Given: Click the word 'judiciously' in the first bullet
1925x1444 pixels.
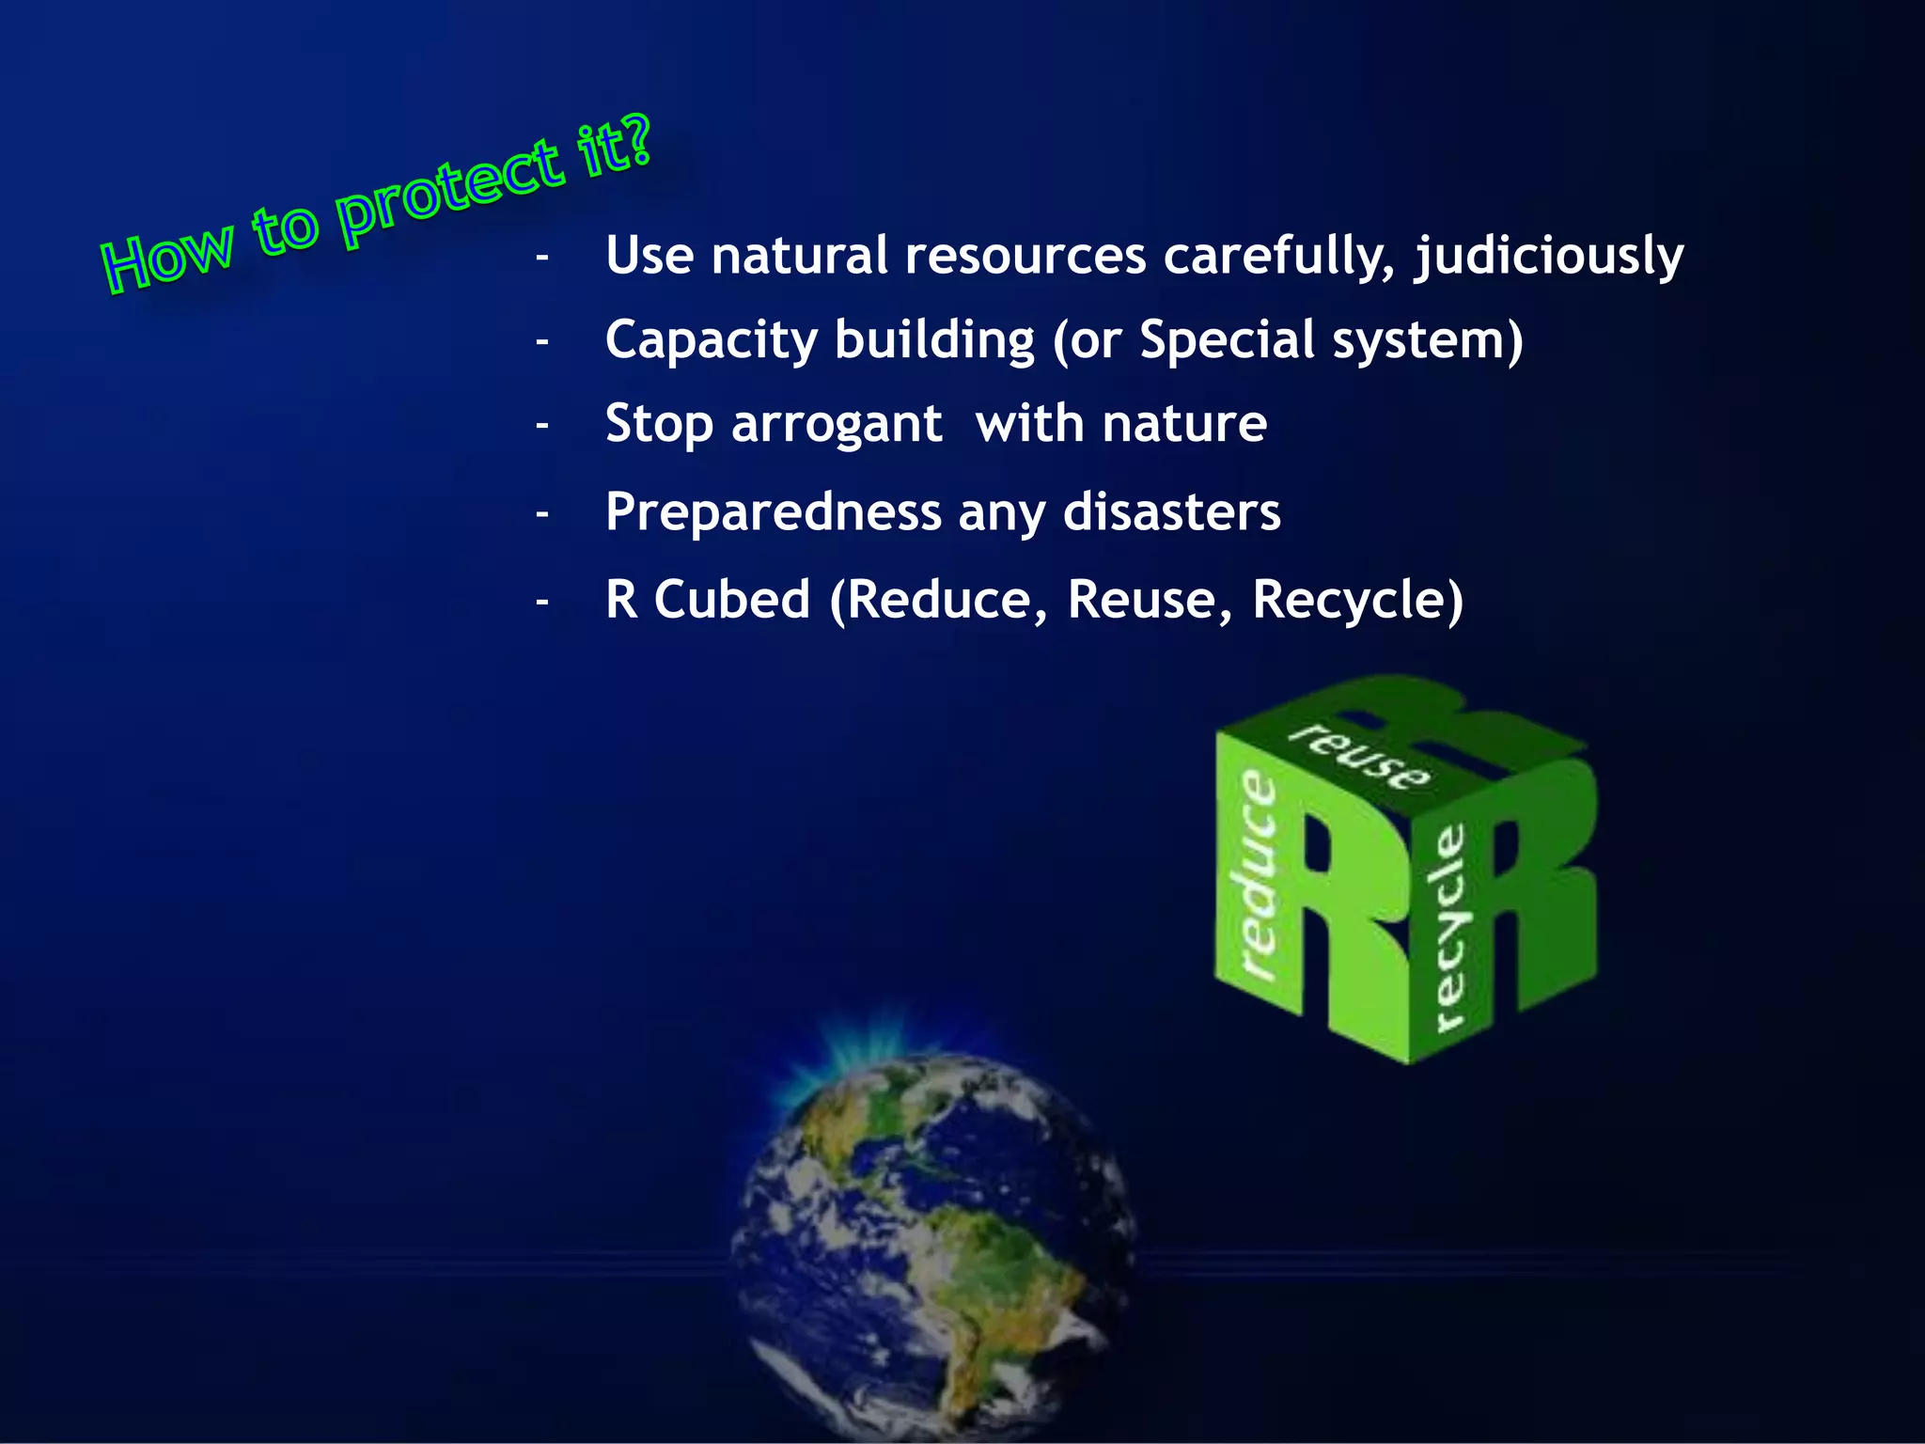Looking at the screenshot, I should pyautogui.click(x=1549, y=257).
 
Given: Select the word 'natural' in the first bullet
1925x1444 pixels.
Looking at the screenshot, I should pyautogui.click(x=799, y=256).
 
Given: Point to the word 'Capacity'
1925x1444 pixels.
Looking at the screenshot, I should pyautogui.click(x=711, y=340).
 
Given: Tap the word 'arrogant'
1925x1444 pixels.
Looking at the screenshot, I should pyautogui.click(x=837, y=425).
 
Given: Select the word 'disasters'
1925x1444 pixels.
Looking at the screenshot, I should pyautogui.click(x=1171, y=512).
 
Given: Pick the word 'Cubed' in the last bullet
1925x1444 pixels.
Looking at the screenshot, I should pyautogui.click(x=732, y=599).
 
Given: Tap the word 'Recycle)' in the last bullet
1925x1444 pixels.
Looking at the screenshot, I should pyautogui.click(x=1357, y=601).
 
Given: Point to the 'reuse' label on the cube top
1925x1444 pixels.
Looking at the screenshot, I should pyautogui.click(x=1359, y=757).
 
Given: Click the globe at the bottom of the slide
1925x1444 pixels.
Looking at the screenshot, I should pyautogui.click(x=935, y=1241).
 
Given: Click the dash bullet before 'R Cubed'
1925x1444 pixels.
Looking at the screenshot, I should pyautogui.click(x=542, y=601).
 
